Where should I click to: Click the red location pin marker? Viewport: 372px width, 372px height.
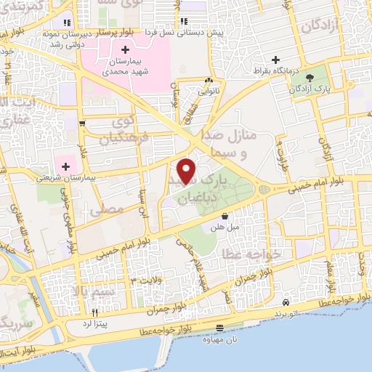(187, 171)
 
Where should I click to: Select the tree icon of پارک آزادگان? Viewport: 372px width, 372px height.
(310, 76)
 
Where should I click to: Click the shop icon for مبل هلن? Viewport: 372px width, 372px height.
(225, 216)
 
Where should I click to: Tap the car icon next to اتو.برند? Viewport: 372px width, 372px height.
(286, 302)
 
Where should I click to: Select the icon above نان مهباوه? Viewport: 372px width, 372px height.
(220, 329)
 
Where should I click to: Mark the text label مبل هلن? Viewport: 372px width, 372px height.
(225, 227)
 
